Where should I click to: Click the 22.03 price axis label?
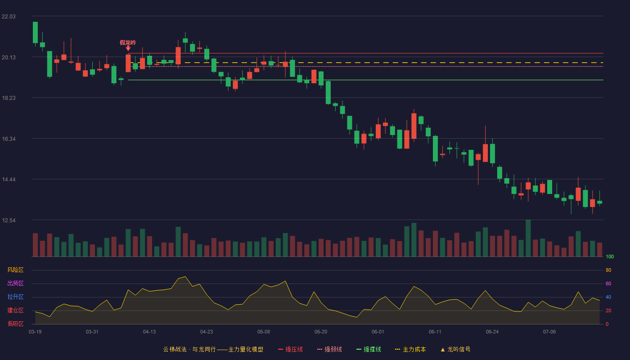(9, 17)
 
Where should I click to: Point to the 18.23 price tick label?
(9, 98)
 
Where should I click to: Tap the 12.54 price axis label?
(9, 220)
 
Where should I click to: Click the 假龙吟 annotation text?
(128, 42)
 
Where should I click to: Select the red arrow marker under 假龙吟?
(128, 49)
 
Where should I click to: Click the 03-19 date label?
(35, 332)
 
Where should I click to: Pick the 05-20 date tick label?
(321, 332)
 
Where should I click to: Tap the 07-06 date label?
(549, 332)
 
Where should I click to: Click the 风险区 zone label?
(15, 270)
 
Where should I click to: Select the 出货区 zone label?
(15, 283)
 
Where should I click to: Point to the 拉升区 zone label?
(15, 297)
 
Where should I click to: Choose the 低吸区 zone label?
(15, 324)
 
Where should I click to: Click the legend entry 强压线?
(290, 349)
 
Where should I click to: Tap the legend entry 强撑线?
(369, 349)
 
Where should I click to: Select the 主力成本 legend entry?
(410, 349)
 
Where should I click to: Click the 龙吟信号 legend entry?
(455, 349)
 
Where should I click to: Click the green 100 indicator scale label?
(610, 256)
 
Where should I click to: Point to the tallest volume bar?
(528, 238)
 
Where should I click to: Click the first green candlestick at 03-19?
(35, 32)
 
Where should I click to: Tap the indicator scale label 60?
(608, 283)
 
